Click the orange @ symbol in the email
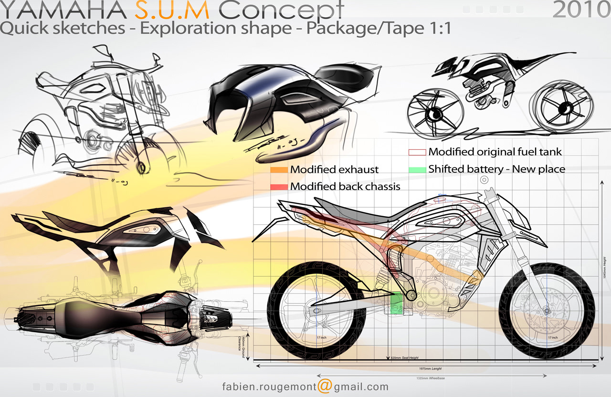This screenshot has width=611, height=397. [324, 386]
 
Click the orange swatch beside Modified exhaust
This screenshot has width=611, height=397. [279, 169]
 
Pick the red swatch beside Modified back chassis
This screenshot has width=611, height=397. [279, 187]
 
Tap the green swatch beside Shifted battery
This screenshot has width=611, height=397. [417, 169]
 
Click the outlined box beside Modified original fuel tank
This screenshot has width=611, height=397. [417, 152]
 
